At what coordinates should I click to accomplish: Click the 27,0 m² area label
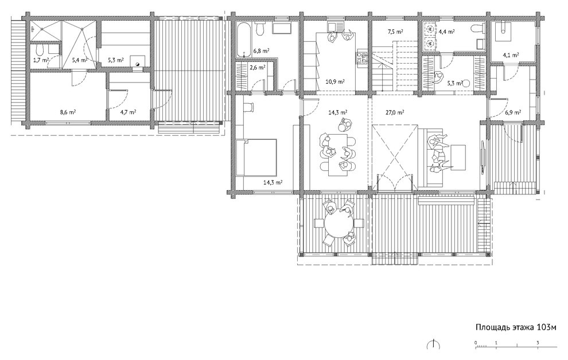[395, 112]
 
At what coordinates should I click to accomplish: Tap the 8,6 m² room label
[68, 112]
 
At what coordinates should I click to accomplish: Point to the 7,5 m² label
[395, 32]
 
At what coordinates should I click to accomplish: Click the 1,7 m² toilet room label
[41, 60]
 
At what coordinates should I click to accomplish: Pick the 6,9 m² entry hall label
[513, 112]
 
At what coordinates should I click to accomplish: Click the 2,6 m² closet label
[258, 67]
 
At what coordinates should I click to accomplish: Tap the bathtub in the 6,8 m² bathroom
[243, 40]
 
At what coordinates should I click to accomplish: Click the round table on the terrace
[339, 223]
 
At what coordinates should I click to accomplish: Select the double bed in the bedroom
[257, 158]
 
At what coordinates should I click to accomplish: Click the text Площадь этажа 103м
[516, 327]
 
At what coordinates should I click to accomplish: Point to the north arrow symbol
[433, 344]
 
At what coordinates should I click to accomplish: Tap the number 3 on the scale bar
[538, 343]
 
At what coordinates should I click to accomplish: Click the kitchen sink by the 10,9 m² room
[333, 27]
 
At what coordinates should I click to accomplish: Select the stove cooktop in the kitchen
[362, 58]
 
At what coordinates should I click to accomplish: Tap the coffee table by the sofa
[458, 157]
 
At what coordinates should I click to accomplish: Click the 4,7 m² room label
[129, 112]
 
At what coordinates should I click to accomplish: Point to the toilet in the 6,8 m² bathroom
[259, 28]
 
